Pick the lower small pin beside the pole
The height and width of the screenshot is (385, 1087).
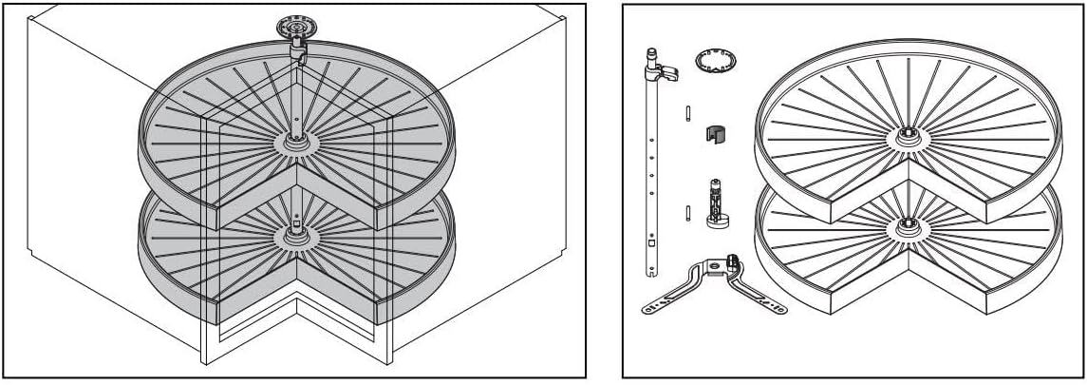[684, 211]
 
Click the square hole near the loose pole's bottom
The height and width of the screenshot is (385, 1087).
[651, 241]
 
